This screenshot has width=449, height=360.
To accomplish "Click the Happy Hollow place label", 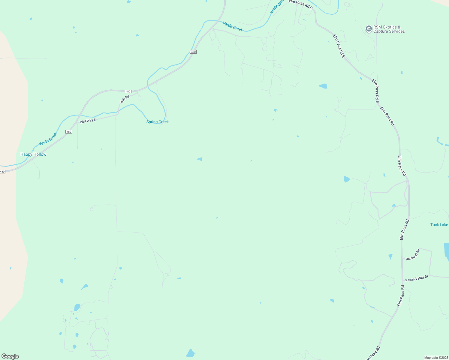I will [x=33, y=154].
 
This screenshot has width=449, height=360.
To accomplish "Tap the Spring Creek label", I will [x=157, y=122].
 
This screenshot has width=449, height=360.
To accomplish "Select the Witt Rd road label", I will [x=125, y=99].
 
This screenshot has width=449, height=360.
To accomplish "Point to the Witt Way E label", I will [x=88, y=121].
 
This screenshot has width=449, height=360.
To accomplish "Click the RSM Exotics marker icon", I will [x=369, y=29].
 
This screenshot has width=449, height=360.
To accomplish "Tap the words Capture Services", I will [x=389, y=31].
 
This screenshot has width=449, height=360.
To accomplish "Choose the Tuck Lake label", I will [x=439, y=225].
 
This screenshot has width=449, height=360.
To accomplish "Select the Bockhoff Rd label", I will [x=413, y=255].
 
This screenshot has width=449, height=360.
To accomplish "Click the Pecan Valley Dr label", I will [x=417, y=278].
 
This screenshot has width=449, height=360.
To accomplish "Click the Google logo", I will [x=10, y=356].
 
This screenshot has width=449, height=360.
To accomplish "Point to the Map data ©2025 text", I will [x=436, y=358].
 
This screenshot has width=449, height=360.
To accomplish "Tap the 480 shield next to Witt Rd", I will [x=128, y=91].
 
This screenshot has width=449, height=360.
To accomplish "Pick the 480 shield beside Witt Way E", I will [x=69, y=132].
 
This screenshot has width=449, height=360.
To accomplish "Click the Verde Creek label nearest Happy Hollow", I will [x=48, y=139].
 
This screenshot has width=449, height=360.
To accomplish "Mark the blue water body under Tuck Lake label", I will [x=446, y=250].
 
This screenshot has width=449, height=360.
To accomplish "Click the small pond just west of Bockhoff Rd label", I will [x=390, y=256].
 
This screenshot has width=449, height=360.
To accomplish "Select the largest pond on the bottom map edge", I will [x=191, y=353].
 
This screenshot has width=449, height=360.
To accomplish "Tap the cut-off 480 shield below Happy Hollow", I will [x=2, y=172].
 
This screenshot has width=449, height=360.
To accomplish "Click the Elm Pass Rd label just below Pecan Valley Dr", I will [x=401, y=296].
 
